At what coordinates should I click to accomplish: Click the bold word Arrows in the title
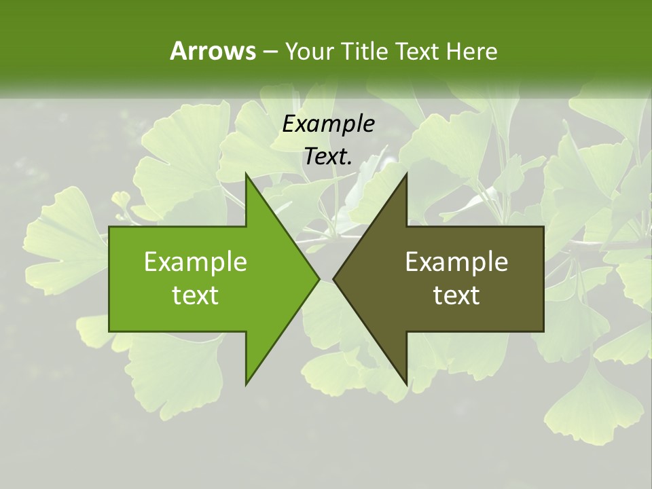[x=212, y=51]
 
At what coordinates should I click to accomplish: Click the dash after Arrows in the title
[x=270, y=52]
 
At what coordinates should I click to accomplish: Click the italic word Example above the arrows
[x=328, y=124]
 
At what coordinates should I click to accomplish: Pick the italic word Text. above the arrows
[x=328, y=157]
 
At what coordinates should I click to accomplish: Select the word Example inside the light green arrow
[x=196, y=262]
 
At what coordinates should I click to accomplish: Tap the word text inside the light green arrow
[x=196, y=295]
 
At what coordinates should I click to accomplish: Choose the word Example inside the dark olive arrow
[x=456, y=262]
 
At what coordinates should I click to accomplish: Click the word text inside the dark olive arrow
[x=456, y=295]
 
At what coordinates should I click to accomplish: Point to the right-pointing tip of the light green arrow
[x=319, y=278]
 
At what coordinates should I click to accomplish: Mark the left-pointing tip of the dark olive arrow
[x=333, y=278]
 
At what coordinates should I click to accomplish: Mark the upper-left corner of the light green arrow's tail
[x=109, y=227]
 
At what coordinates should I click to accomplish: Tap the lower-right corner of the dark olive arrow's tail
[x=543, y=331]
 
